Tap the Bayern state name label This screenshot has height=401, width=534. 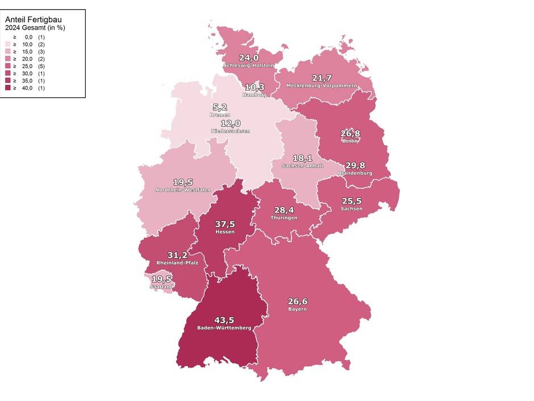[297, 309]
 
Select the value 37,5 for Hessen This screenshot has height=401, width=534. [225, 224]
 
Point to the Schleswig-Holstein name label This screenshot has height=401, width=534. [248, 65]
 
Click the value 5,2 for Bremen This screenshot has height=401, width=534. [219, 107]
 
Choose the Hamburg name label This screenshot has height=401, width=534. [254, 95]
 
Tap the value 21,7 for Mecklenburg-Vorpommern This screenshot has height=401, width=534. [322, 77]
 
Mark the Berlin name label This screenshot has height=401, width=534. [351, 141]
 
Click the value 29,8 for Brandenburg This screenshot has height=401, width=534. [355, 165]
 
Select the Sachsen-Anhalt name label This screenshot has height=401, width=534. [302, 166]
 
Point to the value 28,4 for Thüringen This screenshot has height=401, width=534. [285, 210]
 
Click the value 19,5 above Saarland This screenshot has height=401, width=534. [161, 279]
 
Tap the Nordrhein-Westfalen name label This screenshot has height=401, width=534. [183, 190]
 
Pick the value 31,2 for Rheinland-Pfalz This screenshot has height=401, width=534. [177, 255]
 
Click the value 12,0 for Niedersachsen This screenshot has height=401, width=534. [231, 123]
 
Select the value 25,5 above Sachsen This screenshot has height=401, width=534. [352, 201]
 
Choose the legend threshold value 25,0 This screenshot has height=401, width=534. [27, 66]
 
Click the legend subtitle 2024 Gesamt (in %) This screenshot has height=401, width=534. [35, 27]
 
